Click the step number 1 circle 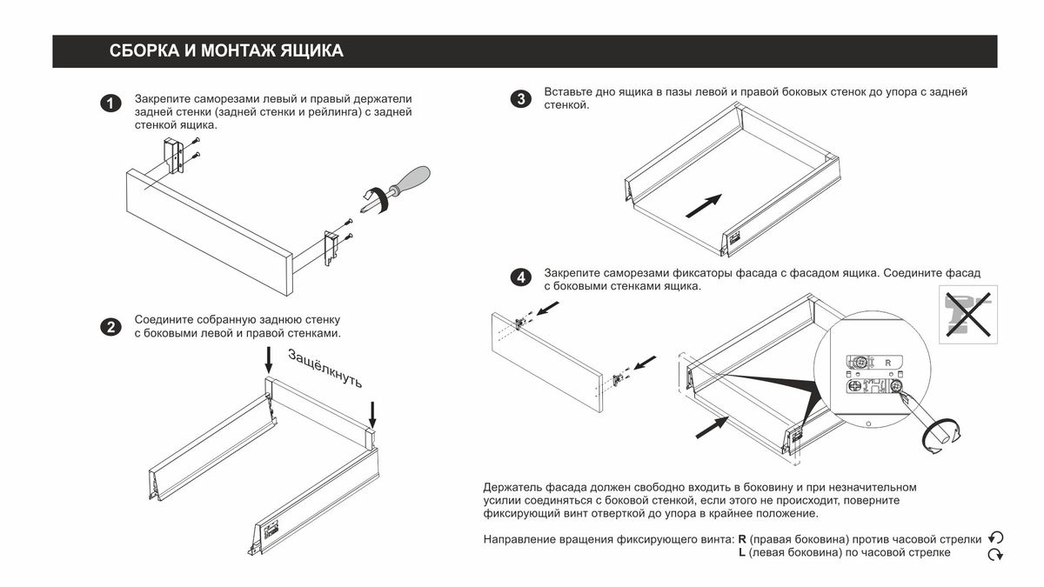[x=110, y=104]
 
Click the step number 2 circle [x=110, y=328]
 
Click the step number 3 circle [x=519, y=99]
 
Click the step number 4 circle [x=519, y=278]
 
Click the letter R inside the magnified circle [x=887, y=361]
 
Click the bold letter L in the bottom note [x=741, y=553]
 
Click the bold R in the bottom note [x=742, y=539]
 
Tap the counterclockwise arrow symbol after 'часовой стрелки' [x=997, y=538]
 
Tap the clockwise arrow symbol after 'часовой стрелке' [x=997, y=554]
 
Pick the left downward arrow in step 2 [x=269, y=361]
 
